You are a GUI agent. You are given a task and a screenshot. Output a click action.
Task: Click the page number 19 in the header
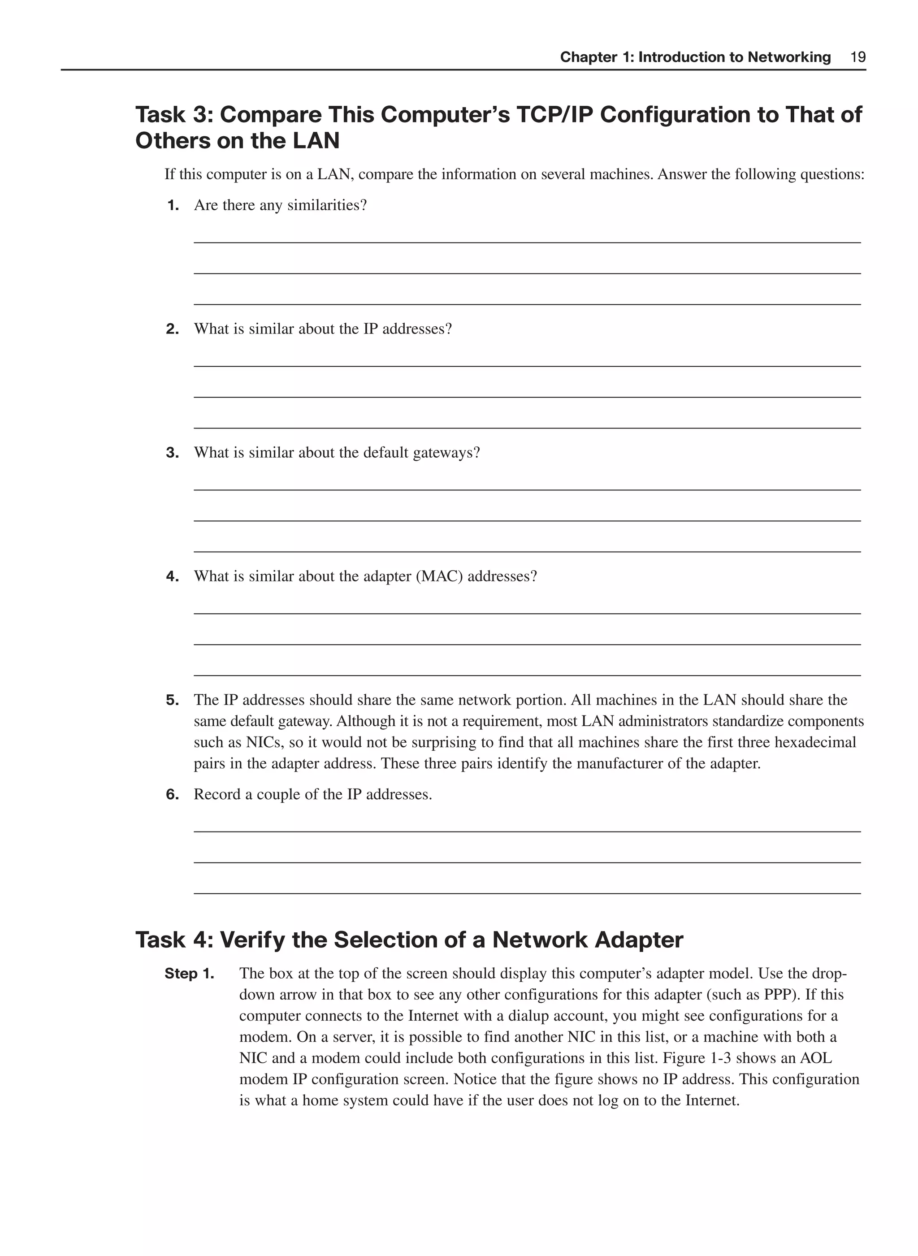pyautogui.click(x=858, y=57)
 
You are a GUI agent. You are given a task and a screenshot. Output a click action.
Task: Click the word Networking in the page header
pyautogui.click(x=788, y=57)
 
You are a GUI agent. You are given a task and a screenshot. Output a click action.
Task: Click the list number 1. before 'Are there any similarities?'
pyautogui.click(x=173, y=206)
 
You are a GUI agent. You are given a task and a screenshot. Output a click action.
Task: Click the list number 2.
pyautogui.click(x=172, y=329)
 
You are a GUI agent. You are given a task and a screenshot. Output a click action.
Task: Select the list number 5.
pyautogui.click(x=172, y=700)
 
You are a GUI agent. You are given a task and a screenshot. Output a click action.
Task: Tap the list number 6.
pyautogui.click(x=172, y=795)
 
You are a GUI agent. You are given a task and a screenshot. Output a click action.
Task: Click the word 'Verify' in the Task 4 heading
pyautogui.click(x=252, y=940)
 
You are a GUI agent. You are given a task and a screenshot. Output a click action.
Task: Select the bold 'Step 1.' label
pyautogui.click(x=189, y=974)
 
